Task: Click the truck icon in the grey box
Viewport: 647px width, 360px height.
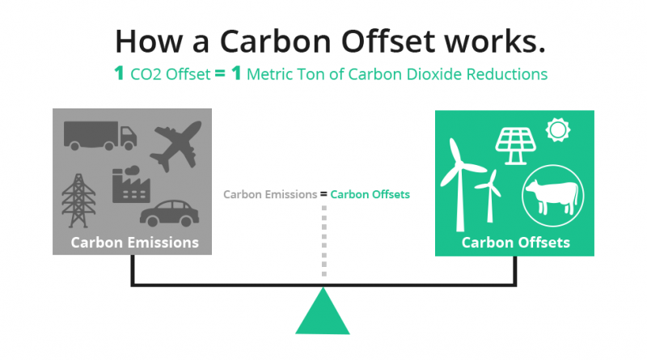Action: coord(99,135)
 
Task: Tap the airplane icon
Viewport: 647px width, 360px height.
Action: coord(176,146)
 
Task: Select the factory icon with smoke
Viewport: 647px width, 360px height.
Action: coord(131,184)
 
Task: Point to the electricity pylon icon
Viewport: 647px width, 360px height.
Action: coord(78,201)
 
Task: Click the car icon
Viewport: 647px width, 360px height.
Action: coord(170,213)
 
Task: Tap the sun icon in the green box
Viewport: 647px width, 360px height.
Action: coord(558,130)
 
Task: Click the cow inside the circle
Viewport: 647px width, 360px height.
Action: coord(552,197)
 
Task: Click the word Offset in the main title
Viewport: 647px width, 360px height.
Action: coord(388,41)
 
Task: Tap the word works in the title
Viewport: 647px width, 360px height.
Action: coord(495,42)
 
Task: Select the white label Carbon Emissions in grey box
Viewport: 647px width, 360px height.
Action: coord(134,243)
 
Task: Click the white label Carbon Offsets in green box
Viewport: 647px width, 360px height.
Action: coord(515,243)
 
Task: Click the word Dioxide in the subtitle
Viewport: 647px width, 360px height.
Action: coord(434,74)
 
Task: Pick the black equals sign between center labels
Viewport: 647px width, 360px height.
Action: coord(323,194)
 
